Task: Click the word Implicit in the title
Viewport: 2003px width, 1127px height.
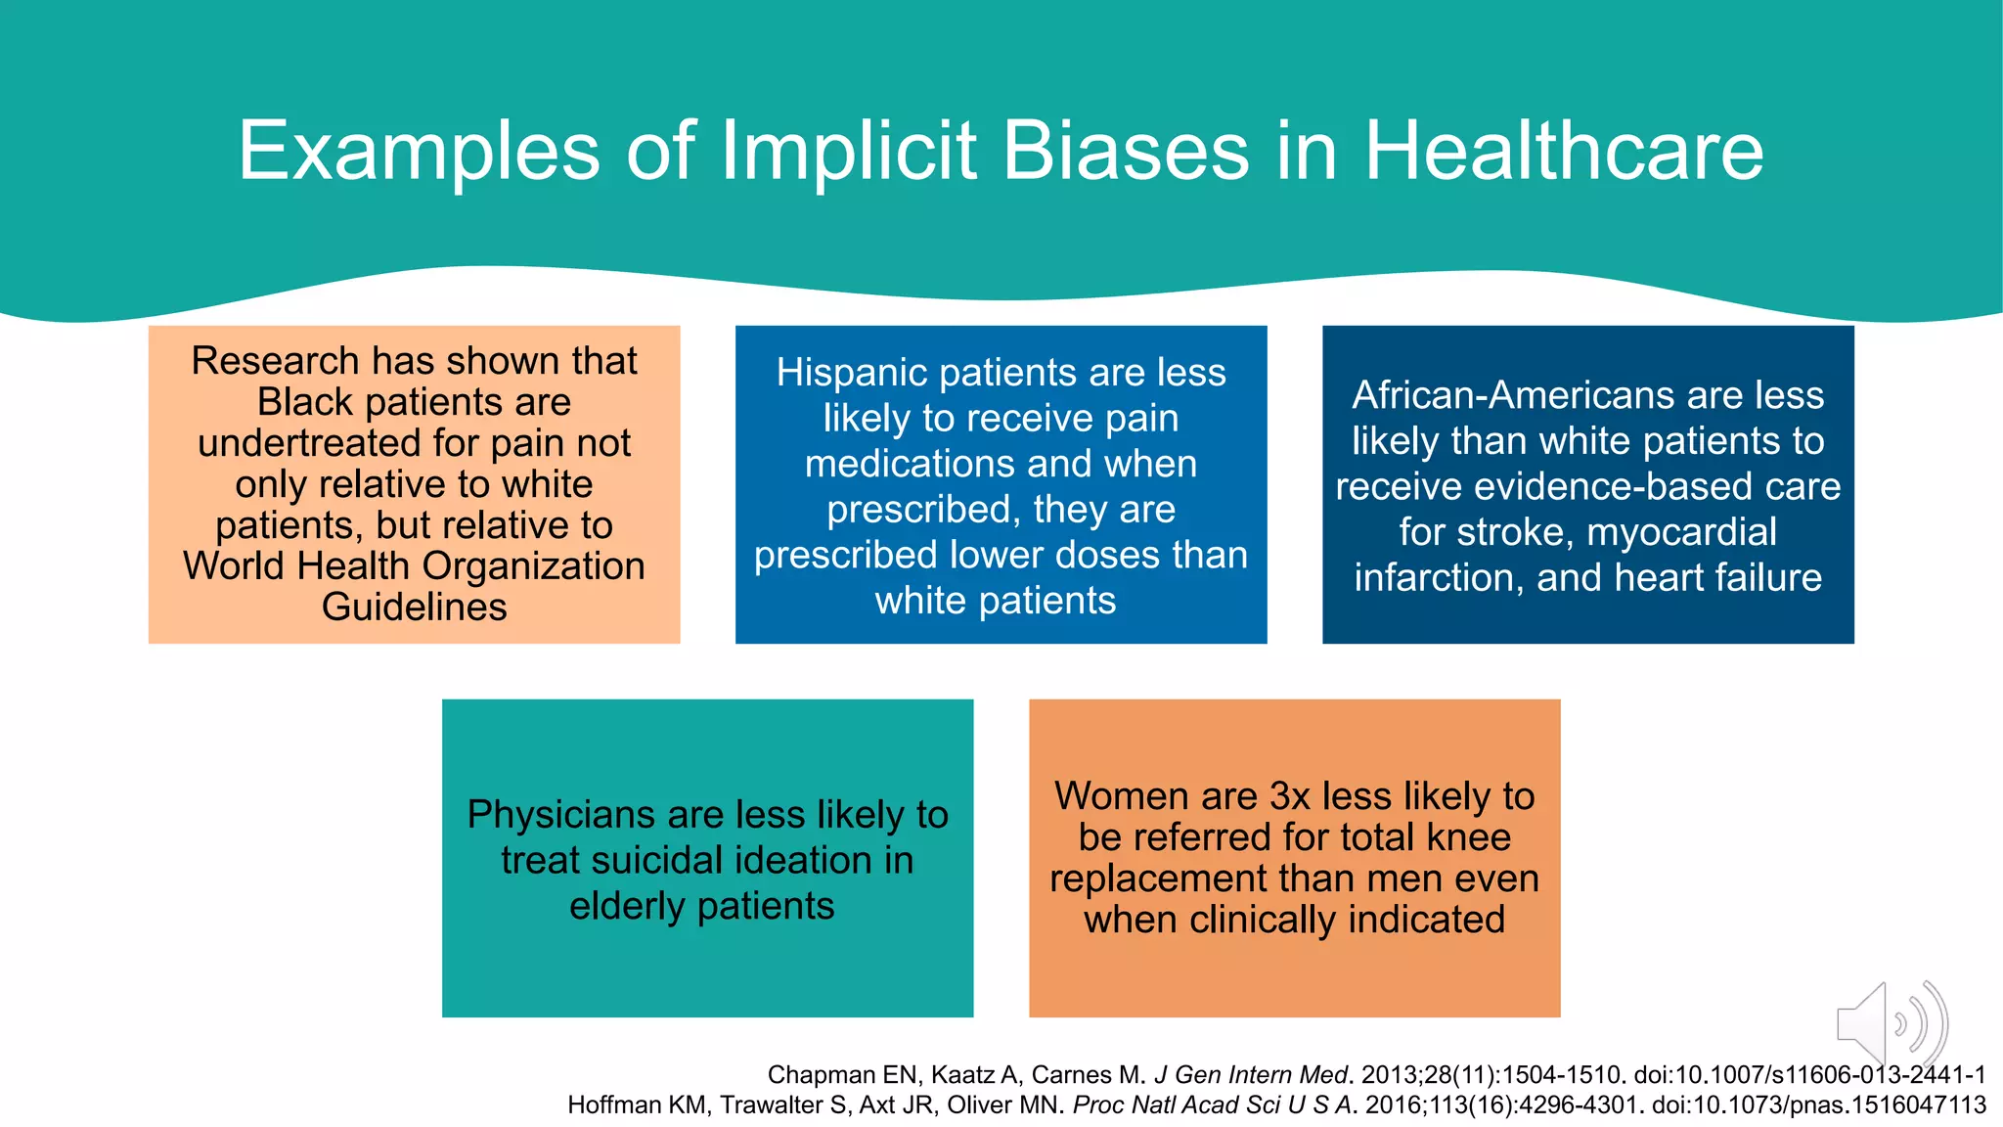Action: (x=849, y=151)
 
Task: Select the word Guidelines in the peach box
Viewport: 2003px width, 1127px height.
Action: (x=414, y=608)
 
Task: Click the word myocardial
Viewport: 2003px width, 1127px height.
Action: (x=1681, y=532)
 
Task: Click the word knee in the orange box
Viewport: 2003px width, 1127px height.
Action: (x=1468, y=837)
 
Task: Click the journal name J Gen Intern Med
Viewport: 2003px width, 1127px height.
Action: (x=1251, y=1075)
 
